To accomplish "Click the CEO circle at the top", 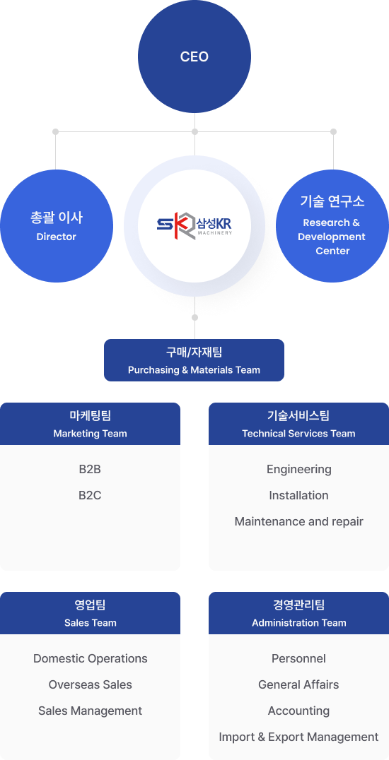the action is pos(194,57).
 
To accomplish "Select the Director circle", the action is pos(57,226).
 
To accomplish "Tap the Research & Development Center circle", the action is pos(332,226).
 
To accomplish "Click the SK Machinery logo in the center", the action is pos(194,226).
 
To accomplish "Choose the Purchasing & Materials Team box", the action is pos(194,360).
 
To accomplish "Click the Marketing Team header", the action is pos(90,424).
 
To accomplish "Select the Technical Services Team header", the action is pos(298,424).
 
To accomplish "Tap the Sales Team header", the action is pos(90,613).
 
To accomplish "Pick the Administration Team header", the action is pos(298,613).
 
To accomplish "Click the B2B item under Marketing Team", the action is pos(90,469).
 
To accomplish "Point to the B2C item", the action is pos(90,495).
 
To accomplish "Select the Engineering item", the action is pos(299,470).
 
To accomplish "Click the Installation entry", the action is pos(298,495).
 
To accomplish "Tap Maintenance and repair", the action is pos(298,521).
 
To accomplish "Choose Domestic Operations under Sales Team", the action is pos(91,659).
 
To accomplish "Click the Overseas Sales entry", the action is pos(91,685).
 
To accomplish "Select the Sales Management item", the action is pos(91,711).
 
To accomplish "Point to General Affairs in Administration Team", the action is pos(298,685).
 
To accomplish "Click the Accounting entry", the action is pos(298,711).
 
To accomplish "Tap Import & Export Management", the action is pos(298,737).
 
